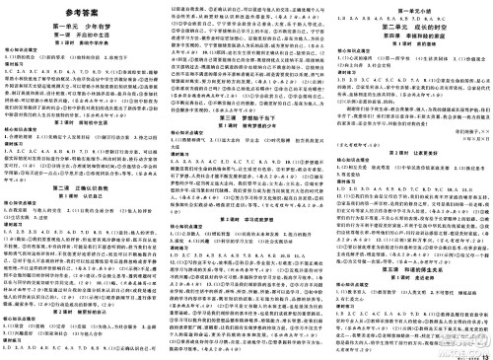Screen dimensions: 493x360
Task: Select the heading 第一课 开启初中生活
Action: [80, 36]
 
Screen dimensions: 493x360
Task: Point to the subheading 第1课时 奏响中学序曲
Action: [80, 44]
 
